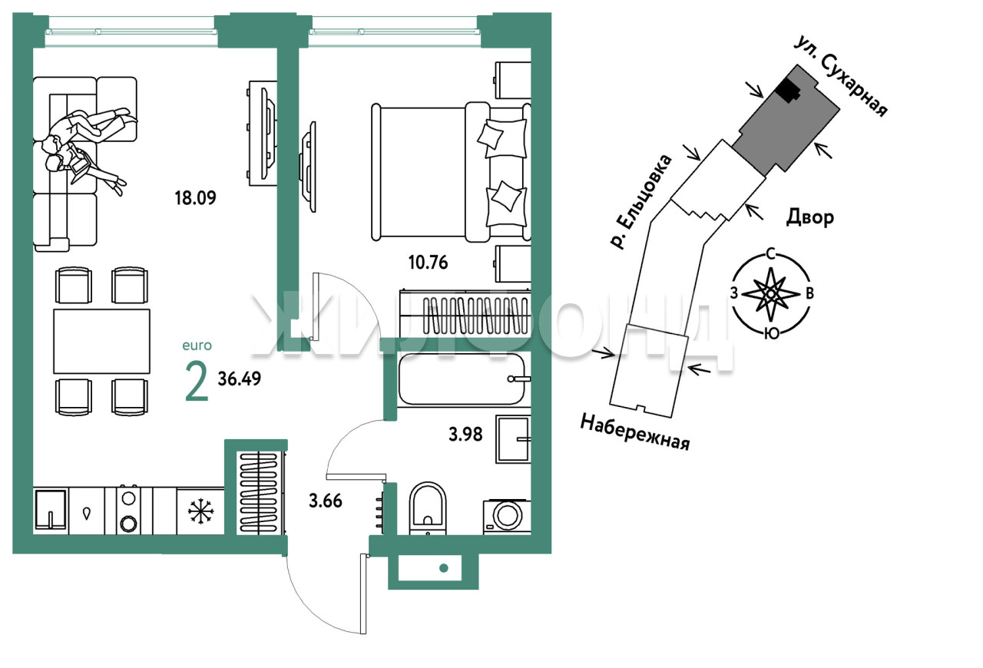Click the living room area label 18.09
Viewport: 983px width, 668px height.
click(195, 198)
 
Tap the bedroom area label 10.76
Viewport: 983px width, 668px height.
click(428, 263)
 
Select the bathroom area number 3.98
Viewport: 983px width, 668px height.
click(465, 435)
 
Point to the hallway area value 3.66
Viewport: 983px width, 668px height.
click(325, 501)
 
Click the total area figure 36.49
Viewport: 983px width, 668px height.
click(239, 379)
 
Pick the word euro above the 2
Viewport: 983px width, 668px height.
click(197, 346)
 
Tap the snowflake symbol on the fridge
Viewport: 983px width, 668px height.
click(200, 511)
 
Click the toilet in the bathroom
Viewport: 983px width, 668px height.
click(428, 508)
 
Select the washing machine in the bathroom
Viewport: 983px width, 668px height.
click(507, 517)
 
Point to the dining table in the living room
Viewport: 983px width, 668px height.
click(102, 342)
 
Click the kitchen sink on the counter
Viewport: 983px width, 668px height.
click(51, 511)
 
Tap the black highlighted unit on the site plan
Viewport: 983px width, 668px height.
click(786, 91)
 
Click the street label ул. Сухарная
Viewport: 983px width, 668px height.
click(842, 77)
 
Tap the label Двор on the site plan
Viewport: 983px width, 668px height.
click(809, 217)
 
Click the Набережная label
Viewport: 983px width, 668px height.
click(635, 432)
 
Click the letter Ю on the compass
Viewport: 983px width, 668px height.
click(772, 333)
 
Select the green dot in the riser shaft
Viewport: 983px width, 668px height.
click(444, 568)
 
